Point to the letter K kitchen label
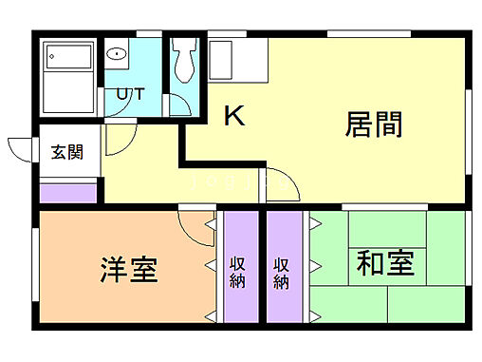pos(234,116)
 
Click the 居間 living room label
pos(374,124)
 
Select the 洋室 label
pos(129,271)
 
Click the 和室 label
pos(385,263)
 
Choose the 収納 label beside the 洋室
pos(238,271)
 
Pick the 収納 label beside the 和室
pos(282,271)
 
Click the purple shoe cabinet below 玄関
pos(67,193)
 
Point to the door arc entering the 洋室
pos(194,224)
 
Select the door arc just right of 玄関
pos(117,143)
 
